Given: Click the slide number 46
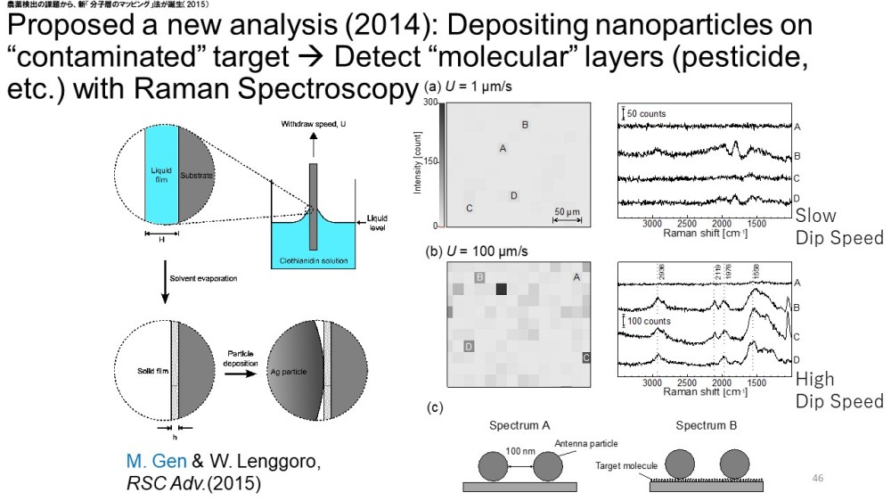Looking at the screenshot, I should tap(818, 479).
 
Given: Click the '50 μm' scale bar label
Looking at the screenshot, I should tap(566, 211).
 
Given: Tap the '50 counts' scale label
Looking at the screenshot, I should tap(646, 114).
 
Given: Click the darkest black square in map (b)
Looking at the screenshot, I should tap(501, 288).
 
